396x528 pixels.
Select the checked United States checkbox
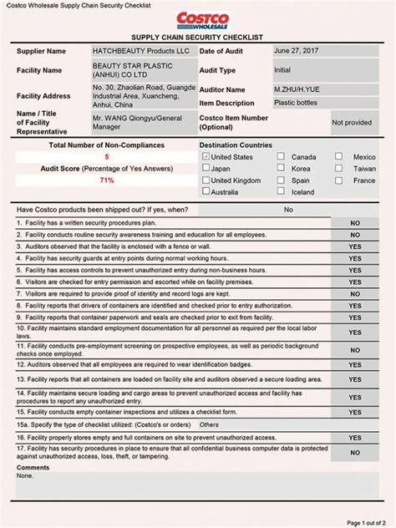click(206, 156)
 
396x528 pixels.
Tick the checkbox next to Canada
click(281, 156)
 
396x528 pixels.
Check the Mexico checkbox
click(339, 156)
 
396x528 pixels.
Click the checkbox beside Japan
click(206, 168)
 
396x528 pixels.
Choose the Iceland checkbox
click(281, 191)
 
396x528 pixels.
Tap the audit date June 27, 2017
click(297, 51)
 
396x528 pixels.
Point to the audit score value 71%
click(107, 180)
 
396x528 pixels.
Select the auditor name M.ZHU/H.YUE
click(297, 89)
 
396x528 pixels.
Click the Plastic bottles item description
click(297, 103)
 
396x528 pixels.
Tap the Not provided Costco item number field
click(352, 123)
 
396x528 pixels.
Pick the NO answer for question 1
click(355, 224)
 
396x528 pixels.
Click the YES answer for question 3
click(355, 247)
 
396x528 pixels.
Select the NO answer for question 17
click(355, 451)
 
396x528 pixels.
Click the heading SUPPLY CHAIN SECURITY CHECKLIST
click(197, 38)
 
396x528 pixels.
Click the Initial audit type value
click(282, 71)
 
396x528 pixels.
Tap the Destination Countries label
click(236, 145)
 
